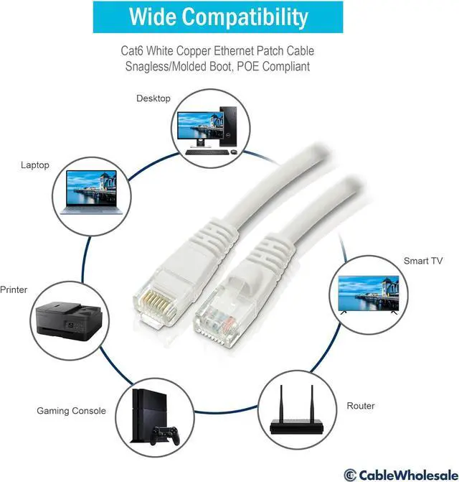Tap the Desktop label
[x=153, y=98]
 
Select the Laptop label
[x=35, y=165]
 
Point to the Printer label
[x=14, y=289]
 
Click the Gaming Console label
[x=71, y=411]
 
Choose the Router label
[x=361, y=406]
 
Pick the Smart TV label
[x=422, y=261]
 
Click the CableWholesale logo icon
[x=350, y=473]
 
